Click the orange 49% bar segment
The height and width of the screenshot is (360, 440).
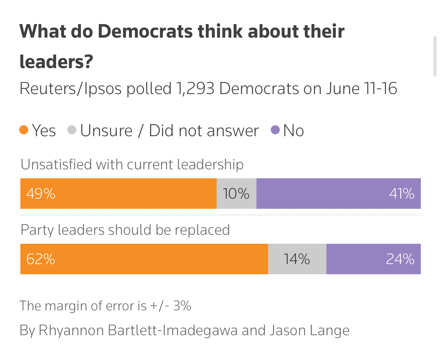click(x=118, y=194)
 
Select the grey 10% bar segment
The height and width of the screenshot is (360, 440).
click(x=236, y=194)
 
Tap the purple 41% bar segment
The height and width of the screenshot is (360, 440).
click(x=338, y=194)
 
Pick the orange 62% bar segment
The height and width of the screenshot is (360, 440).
click(x=144, y=259)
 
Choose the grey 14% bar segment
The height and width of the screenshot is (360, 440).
click(x=297, y=259)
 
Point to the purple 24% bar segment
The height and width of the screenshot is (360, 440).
click(x=373, y=259)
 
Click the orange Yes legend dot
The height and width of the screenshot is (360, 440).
click(x=24, y=131)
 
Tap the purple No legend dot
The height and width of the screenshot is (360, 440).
click(x=275, y=131)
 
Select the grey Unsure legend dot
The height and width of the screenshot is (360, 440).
click(x=72, y=131)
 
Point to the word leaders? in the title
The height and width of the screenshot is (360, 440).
click(x=56, y=61)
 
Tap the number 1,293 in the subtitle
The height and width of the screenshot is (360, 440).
click(x=195, y=89)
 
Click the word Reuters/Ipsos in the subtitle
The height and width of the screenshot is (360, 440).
click(x=71, y=89)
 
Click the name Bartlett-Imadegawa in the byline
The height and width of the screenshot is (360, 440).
click(x=173, y=330)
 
